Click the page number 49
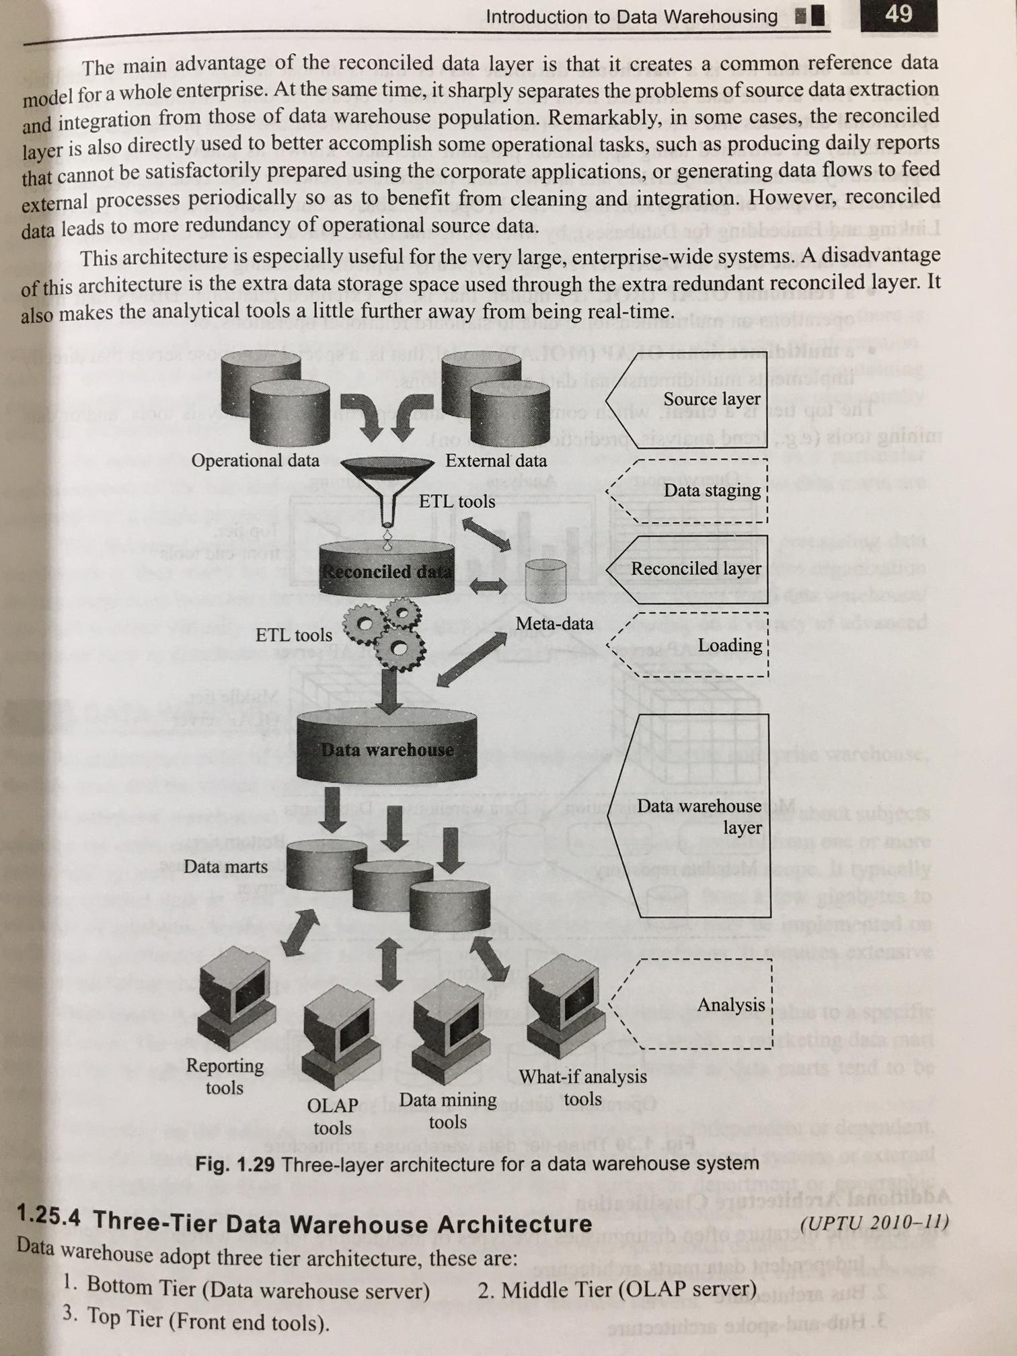(x=899, y=15)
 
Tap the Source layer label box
(x=693, y=399)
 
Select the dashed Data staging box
(x=693, y=490)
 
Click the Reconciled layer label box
(x=693, y=568)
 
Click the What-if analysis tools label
(x=582, y=1088)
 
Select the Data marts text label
(x=225, y=866)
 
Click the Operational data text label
(x=255, y=461)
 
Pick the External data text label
(x=496, y=461)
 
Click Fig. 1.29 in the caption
(x=235, y=1164)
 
